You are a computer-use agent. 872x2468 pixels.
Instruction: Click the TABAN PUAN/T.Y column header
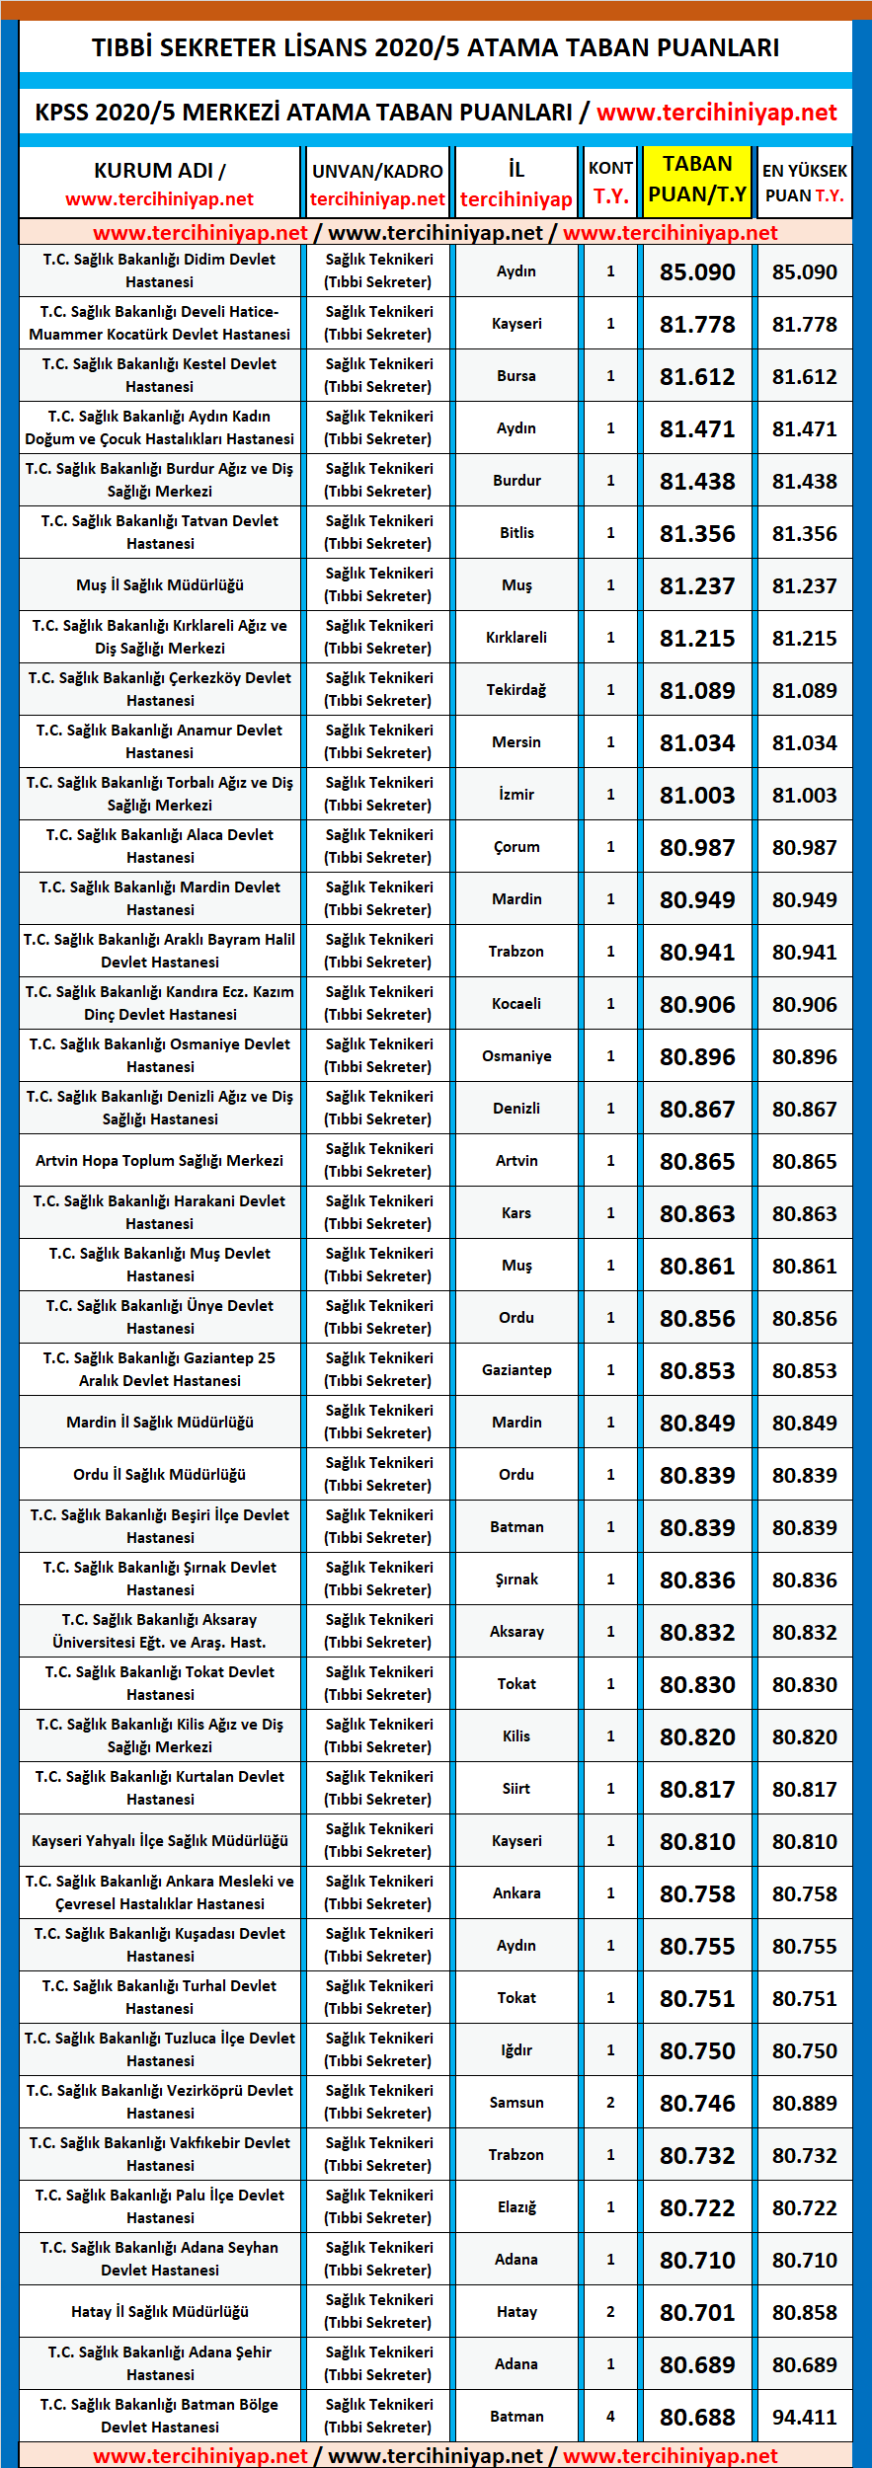click(x=697, y=180)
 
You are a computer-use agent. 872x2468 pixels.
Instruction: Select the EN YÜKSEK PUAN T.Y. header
click(x=804, y=183)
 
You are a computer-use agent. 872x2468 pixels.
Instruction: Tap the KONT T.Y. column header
click(x=610, y=182)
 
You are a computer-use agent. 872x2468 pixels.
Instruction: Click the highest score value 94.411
click(x=804, y=2417)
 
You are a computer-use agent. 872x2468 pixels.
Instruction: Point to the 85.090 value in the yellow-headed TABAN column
click(x=697, y=272)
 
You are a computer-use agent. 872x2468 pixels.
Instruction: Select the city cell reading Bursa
click(x=516, y=376)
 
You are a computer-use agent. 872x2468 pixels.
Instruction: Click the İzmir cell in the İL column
click(x=516, y=795)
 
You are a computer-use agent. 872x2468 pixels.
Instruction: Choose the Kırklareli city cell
click(x=516, y=638)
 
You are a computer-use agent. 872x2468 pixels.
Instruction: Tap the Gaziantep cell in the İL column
click(x=516, y=1370)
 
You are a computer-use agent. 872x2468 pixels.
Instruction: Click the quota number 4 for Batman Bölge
click(x=610, y=2417)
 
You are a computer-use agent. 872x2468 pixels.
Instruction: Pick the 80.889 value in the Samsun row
click(x=804, y=2103)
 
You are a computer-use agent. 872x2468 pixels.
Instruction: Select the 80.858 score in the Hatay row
click(x=804, y=2312)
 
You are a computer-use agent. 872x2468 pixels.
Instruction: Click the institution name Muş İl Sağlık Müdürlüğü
click(x=160, y=585)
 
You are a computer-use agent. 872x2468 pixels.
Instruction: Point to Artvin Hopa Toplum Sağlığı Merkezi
click(x=160, y=1161)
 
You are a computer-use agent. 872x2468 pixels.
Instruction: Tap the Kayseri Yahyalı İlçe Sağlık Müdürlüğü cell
click(x=160, y=1841)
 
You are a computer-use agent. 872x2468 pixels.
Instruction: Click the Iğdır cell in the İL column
click(x=516, y=2050)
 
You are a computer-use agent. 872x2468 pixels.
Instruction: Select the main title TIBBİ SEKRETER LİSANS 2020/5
click(x=436, y=47)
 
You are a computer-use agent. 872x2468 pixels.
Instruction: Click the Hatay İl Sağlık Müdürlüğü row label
click(x=160, y=2312)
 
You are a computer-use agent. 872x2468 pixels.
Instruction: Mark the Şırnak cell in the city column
click(x=516, y=1580)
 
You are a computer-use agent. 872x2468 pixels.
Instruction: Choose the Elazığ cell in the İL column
click(x=516, y=2207)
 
